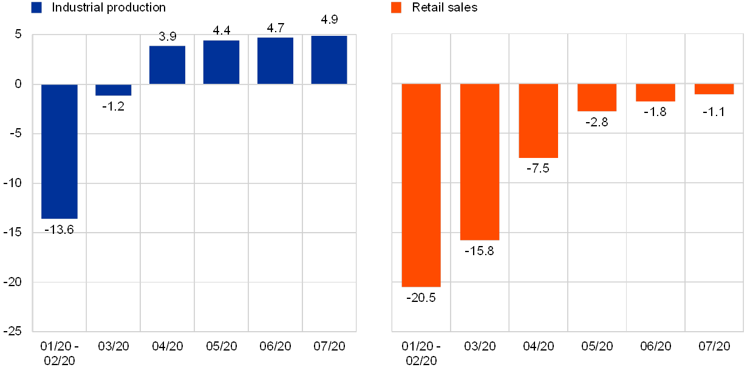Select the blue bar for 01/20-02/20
60,151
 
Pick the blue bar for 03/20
114,90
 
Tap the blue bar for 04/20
168,65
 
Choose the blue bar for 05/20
221,62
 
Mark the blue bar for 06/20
275,61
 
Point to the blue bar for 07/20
329,60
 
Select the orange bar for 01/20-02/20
421,185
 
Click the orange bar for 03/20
480,162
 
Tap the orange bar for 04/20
538,121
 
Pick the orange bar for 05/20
597,98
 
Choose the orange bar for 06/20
655,92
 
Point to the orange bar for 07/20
714,89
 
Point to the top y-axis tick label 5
18,35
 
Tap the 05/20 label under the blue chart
221,346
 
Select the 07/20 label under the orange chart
714,346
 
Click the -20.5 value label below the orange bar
423,298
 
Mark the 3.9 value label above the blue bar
168,36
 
